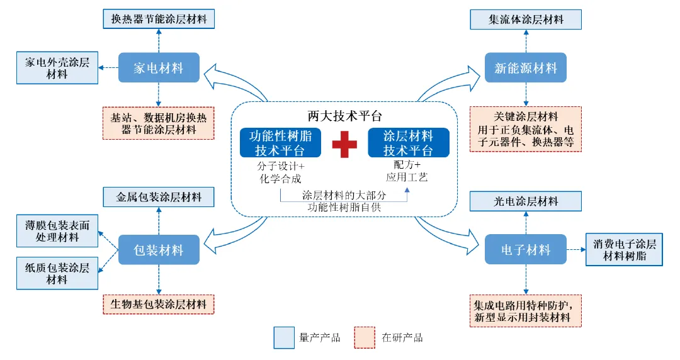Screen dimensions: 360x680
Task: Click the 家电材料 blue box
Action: [159, 67]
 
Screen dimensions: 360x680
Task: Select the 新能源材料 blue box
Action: [526, 67]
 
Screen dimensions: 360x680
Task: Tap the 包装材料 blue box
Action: [159, 250]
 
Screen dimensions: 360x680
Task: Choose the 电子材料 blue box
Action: [526, 250]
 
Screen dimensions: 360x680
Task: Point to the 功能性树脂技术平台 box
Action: [280, 143]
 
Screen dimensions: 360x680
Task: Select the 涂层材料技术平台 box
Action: [409, 143]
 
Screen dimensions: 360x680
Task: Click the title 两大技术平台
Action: [344, 116]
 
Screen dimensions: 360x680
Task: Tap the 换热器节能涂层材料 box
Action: [159, 18]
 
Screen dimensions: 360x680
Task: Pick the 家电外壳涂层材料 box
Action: [57, 68]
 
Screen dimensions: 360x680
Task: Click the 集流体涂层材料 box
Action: [526, 19]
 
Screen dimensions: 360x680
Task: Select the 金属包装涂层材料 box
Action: [159, 197]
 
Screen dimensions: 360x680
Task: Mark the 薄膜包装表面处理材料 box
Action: [57, 231]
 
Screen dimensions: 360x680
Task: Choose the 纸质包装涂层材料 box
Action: [57, 273]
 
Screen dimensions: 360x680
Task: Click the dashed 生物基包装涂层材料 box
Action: [159, 304]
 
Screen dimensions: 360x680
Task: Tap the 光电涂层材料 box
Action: [526, 201]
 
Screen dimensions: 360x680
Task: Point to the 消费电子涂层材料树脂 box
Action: [624, 250]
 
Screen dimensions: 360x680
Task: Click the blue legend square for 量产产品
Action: [284, 337]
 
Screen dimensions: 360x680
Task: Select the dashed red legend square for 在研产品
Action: [365, 337]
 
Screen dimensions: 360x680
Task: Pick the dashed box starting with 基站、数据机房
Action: [159, 123]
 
